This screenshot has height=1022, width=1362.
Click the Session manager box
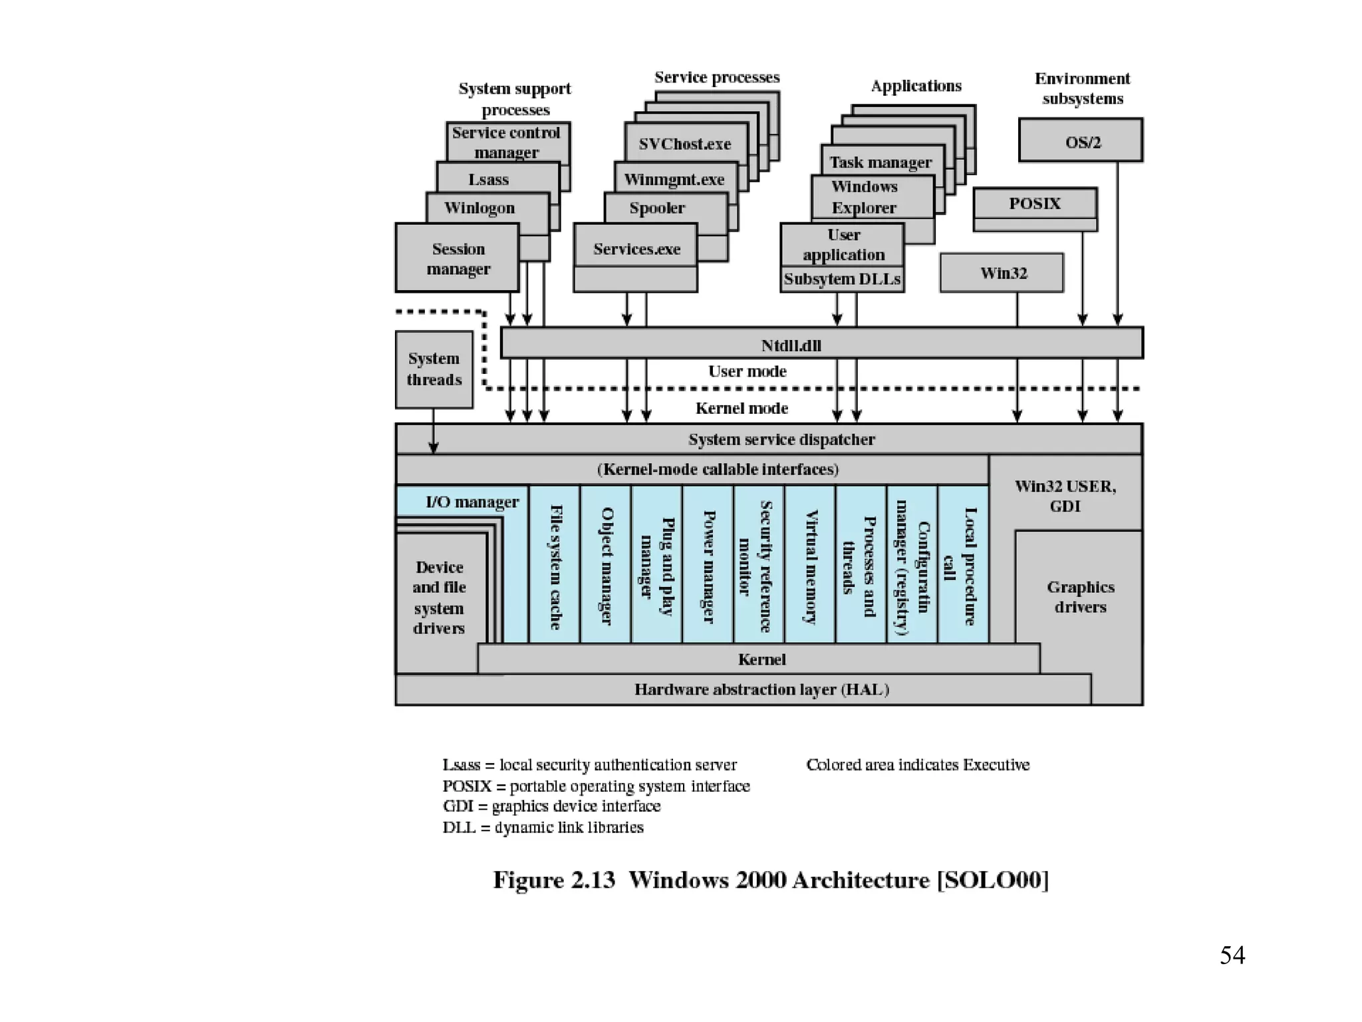[458, 258]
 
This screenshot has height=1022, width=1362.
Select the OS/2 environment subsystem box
[1081, 141]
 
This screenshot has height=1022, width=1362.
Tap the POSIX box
[1035, 204]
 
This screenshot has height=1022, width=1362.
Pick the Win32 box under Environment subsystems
[1002, 273]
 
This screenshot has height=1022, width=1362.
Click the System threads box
[434, 369]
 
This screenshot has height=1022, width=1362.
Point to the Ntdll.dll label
[791, 345]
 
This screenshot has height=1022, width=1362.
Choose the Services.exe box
[636, 249]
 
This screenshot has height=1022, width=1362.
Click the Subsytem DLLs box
[842, 279]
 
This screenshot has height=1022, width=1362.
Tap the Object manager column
[606, 566]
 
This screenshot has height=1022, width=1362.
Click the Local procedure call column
[964, 566]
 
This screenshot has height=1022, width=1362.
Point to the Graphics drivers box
[1079, 597]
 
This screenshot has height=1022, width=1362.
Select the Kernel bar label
[761, 659]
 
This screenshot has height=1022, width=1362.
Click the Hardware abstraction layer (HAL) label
[761, 689]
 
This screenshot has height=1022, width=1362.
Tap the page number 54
[1232, 955]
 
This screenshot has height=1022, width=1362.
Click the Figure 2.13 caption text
[770, 880]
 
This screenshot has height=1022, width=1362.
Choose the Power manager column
[708, 566]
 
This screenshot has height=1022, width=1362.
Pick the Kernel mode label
[742, 409]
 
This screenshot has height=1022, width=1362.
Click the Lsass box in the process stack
[489, 180]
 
